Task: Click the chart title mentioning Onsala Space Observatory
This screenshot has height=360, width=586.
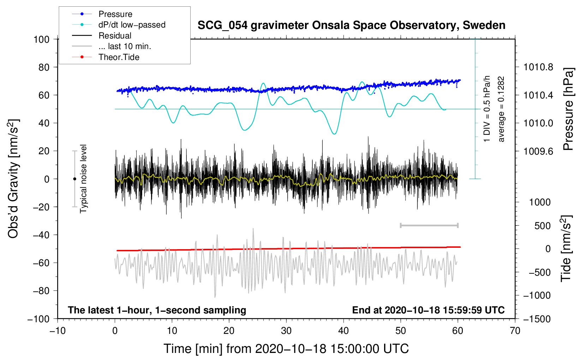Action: (x=351, y=25)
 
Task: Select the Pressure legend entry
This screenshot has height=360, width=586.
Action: (x=115, y=14)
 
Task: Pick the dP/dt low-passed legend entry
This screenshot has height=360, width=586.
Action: (x=132, y=25)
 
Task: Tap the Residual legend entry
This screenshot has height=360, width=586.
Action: (x=115, y=36)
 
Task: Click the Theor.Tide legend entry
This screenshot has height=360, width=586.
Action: (x=119, y=57)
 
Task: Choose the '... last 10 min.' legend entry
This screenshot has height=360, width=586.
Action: (x=125, y=46)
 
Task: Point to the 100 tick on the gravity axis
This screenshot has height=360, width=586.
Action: (x=41, y=39)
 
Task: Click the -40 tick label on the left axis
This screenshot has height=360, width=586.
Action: (x=41, y=235)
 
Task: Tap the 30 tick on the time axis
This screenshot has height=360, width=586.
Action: (x=286, y=331)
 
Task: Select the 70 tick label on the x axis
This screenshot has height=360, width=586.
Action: (x=515, y=331)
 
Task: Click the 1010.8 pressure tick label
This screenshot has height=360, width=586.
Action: (x=538, y=67)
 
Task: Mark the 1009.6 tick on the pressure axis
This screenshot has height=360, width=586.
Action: (x=538, y=151)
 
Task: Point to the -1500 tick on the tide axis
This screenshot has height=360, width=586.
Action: (x=537, y=319)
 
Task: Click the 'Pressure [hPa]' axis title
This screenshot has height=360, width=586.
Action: (x=568, y=109)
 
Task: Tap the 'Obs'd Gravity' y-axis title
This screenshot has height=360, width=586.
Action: (x=13, y=179)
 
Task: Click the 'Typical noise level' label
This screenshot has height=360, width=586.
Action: (x=83, y=179)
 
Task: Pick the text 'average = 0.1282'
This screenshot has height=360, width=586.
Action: (x=501, y=109)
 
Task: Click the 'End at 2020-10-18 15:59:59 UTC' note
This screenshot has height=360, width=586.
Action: (x=428, y=310)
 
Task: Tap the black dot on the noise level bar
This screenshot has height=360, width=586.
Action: (x=74, y=179)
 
